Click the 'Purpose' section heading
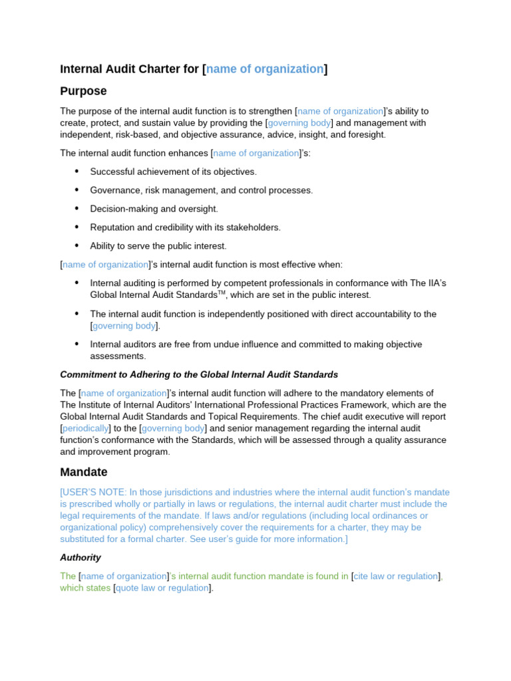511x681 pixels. click(x=83, y=91)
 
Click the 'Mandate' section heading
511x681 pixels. click(x=83, y=472)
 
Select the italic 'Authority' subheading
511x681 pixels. click(x=81, y=557)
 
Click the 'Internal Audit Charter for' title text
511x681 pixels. click(x=130, y=69)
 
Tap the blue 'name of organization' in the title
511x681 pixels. click(x=265, y=69)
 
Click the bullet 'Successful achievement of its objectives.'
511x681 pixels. click(x=173, y=172)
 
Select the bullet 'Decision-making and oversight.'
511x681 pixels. click(x=154, y=209)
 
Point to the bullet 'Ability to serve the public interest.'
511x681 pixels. click(x=158, y=246)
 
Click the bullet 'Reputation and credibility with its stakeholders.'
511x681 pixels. click(x=185, y=227)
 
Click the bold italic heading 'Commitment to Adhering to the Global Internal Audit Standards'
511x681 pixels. click(x=199, y=374)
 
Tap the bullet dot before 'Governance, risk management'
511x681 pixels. click(x=77, y=190)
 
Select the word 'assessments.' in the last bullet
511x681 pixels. click(x=117, y=356)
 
